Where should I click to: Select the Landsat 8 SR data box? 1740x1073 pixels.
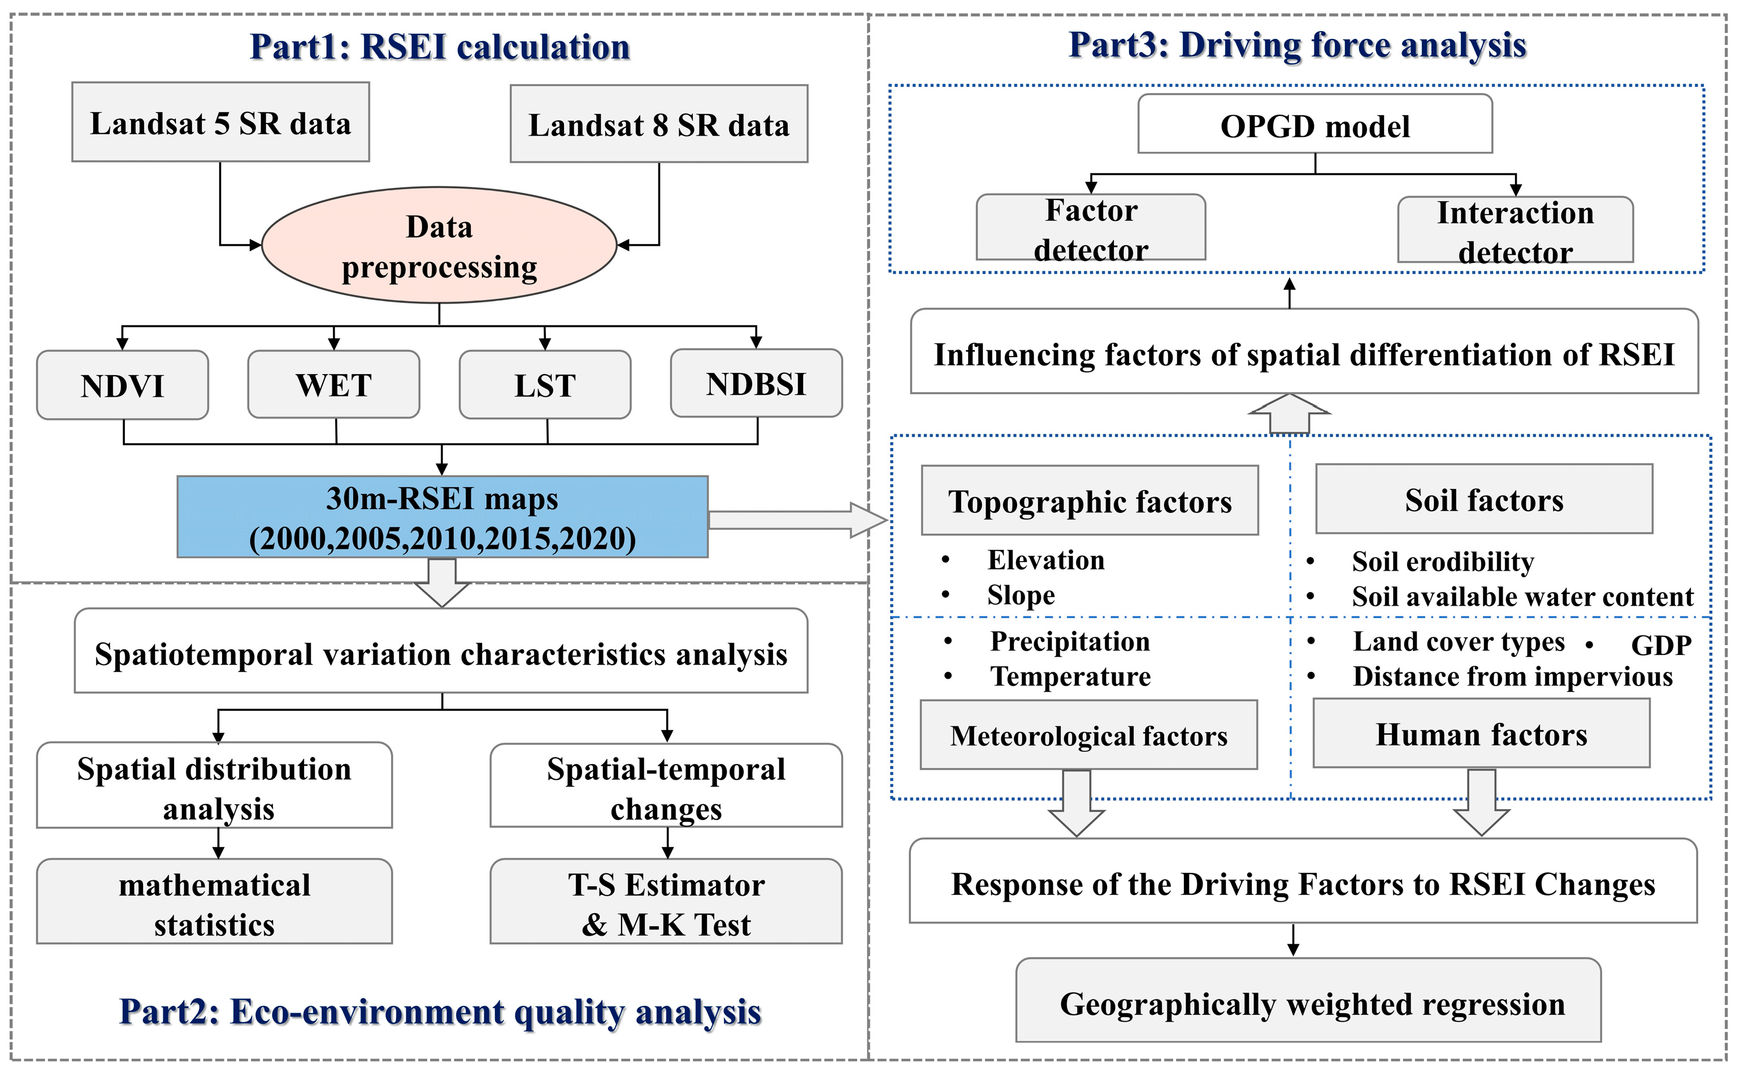coord(658,124)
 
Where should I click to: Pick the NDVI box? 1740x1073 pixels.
coord(122,385)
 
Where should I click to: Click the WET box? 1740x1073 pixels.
coord(333,385)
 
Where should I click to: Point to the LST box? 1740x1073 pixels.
coord(545,385)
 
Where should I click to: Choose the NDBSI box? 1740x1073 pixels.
coord(757,383)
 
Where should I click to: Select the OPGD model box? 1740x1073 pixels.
coord(1314,125)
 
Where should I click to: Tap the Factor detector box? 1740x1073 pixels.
coord(1091,228)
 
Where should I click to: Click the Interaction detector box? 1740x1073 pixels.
coord(1515,230)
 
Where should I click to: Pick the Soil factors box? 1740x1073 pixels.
coord(1484,499)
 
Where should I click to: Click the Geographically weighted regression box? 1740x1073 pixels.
coord(1308,1004)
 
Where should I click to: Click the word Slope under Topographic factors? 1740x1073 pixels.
coord(1021,594)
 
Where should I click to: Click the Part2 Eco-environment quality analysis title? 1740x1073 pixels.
coord(440,1011)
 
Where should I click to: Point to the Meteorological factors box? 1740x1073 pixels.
coord(1088,735)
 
